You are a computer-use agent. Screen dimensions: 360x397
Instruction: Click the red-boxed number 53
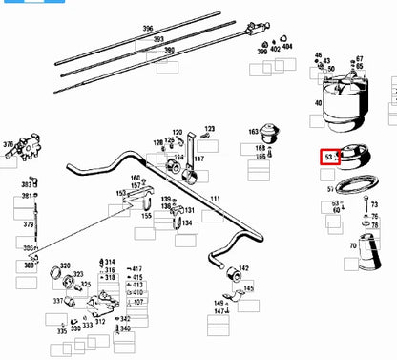click(329, 156)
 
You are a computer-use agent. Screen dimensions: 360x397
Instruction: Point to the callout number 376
click(9, 145)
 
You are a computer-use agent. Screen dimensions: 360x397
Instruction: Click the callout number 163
click(254, 132)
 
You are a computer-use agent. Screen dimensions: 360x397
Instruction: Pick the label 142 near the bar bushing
click(243, 268)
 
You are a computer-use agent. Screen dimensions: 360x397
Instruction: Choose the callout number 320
click(65, 266)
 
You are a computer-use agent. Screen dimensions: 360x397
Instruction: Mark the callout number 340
click(125, 329)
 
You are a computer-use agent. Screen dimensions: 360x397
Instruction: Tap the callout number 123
click(210, 129)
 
